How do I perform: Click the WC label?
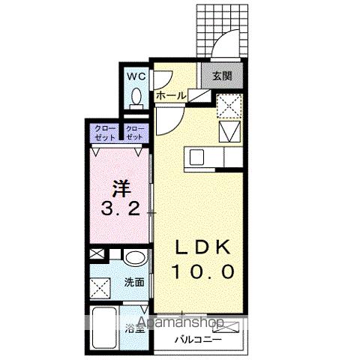tap(136, 77)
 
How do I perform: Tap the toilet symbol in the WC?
tap(136, 97)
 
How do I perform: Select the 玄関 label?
tap(222, 76)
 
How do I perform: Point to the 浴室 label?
tap(135, 328)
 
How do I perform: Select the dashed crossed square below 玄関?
tap(228, 106)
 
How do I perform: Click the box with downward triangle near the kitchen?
tap(229, 132)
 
